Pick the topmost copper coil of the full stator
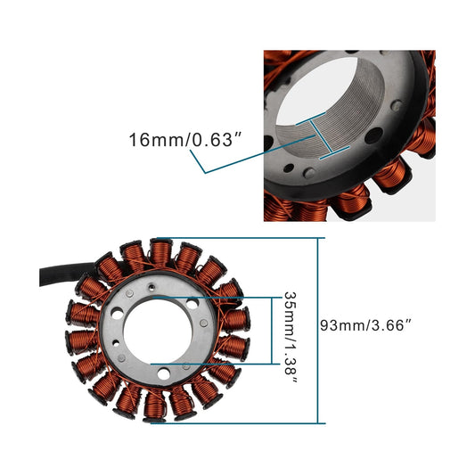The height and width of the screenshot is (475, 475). pos(160,255)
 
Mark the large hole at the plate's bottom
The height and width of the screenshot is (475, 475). pos(154,365)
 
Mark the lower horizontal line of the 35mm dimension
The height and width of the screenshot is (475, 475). pos(214,365)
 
